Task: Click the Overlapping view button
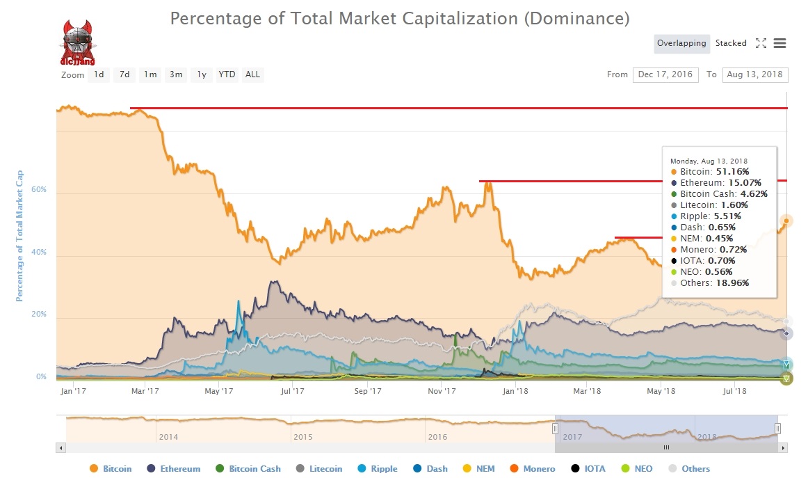[681, 43]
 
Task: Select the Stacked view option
[731, 43]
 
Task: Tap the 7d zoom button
[124, 74]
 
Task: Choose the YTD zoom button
[227, 74]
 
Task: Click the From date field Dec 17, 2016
[665, 74]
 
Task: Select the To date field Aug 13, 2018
[755, 74]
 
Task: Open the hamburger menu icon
[779, 43]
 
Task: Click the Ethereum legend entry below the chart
[180, 469]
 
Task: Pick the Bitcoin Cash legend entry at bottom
[254, 469]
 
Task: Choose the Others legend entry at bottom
[695, 469]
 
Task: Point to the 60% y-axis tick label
[38, 189]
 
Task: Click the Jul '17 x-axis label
[293, 391]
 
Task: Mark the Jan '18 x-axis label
[515, 391]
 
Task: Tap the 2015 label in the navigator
[302, 437]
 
